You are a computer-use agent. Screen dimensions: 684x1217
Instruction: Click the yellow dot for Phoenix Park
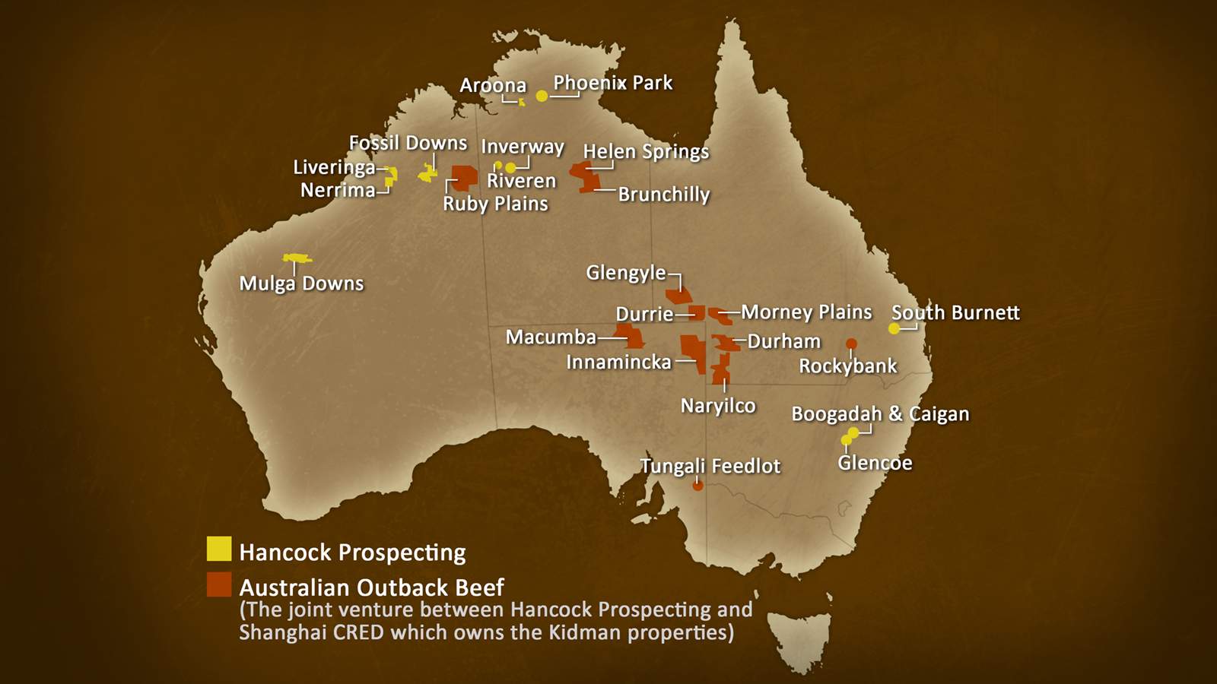542,96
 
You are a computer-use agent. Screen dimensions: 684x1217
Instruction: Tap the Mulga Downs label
301,283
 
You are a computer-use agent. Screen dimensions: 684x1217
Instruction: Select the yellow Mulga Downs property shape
297,258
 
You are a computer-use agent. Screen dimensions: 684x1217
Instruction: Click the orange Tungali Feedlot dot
697,486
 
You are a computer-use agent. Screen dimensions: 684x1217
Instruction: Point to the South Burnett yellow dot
894,328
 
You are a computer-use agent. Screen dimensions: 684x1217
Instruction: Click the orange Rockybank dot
851,344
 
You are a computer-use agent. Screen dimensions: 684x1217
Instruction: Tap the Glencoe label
875,463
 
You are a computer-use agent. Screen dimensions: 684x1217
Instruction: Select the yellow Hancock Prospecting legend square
219,549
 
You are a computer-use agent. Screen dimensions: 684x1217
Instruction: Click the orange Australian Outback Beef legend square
219,584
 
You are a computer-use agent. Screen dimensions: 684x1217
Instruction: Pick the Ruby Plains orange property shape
464,177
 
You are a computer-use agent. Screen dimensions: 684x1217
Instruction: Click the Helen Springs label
646,151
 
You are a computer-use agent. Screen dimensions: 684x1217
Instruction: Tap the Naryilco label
717,405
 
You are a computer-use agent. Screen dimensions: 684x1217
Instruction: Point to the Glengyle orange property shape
679,294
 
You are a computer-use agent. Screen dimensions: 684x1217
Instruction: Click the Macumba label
551,337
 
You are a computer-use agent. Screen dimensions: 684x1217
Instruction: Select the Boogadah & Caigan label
880,414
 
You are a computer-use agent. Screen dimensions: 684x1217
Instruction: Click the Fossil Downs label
408,143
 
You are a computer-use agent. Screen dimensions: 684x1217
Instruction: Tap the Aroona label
493,85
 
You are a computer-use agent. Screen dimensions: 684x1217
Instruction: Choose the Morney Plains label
806,312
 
